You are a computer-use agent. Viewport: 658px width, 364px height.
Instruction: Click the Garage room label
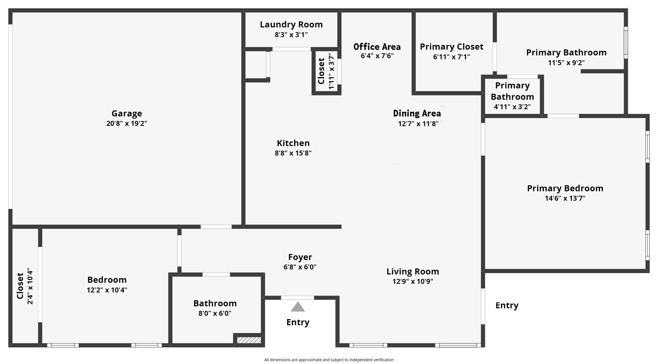[x=127, y=114]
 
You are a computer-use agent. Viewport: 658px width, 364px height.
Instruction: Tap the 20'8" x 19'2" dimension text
[x=127, y=124]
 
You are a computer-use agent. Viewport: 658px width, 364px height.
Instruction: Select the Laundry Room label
[x=291, y=24]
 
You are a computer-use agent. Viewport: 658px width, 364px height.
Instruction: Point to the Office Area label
[x=377, y=47]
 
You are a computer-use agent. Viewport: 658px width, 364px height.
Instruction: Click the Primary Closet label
[x=452, y=47]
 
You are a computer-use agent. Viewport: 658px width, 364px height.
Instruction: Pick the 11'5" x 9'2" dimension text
[x=566, y=63]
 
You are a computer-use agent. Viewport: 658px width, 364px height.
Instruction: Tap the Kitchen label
[x=293, y=143]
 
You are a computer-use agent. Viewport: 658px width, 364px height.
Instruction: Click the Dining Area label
[x=417, y=113]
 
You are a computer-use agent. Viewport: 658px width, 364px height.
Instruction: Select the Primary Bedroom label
[x=565, y=189]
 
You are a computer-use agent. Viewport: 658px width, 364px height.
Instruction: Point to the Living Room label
[x=413, y=272]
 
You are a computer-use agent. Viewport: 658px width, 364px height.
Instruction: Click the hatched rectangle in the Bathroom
[x=249, y=340]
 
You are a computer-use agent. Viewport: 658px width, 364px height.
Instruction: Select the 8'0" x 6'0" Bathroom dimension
[x=215, y=314]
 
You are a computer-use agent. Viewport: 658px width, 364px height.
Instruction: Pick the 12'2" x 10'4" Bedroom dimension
[x=107, y=290]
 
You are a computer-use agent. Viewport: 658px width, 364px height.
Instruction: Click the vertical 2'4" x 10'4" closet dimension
[x=30, y=286]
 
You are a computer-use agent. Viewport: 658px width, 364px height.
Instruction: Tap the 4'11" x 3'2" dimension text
[x=512, y=107]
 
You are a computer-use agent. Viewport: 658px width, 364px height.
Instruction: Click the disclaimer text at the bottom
[x=329, y=360]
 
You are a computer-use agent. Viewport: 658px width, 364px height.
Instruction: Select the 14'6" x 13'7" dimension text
[x=565, y=198]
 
